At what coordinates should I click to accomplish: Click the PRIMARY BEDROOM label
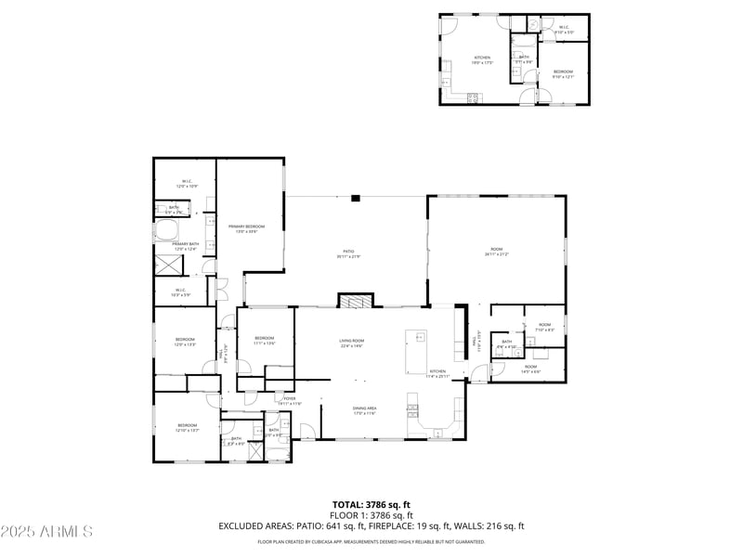pos(247,228)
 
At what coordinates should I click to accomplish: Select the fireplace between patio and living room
pos(354,301)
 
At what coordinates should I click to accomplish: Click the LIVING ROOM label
pos(352,343)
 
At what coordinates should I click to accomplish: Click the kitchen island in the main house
pos(416,348)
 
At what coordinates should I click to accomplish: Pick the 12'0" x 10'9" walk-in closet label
pos(185,184)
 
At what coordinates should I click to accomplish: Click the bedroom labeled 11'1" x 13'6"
pos(265,340)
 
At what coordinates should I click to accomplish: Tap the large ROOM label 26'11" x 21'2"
pos(496,251)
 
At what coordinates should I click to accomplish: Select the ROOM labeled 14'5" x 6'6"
pos(530,369)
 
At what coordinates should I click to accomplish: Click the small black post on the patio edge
pos(355,197)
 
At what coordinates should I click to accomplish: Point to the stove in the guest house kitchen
pos(473,97)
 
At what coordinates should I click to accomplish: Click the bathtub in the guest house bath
pos(523,43)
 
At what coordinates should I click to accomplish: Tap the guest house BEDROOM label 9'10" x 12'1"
pos(563,74)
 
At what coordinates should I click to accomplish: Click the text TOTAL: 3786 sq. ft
pos(371,504)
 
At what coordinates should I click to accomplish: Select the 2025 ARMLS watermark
pos(46,532)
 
